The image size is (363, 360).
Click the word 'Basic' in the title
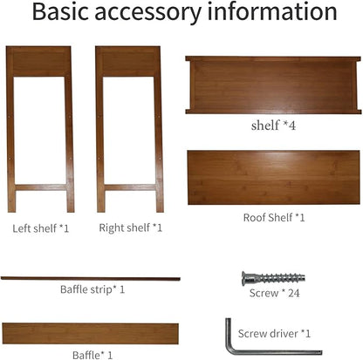60,11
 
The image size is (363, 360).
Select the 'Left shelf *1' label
41,228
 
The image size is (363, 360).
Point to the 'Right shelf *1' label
130,228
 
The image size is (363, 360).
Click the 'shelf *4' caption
273,126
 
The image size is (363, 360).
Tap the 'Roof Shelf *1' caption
274,217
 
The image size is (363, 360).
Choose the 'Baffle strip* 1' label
92,289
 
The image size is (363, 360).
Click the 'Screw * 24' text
275,293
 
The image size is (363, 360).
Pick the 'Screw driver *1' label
274,334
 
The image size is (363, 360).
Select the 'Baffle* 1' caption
92,355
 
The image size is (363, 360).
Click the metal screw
273,278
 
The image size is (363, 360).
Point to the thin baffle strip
91,279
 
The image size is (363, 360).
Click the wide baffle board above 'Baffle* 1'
91,334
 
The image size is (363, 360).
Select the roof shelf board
274,178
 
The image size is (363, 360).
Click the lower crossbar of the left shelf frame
41,187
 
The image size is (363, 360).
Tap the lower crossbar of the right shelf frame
130,187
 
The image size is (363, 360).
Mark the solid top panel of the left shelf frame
38,62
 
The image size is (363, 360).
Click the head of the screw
246,278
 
